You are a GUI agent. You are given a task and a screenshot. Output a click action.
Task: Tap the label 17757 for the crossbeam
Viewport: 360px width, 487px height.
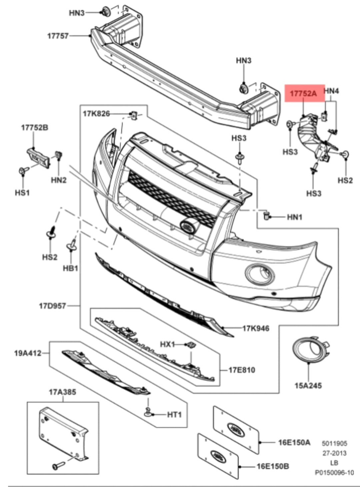click(58, 36)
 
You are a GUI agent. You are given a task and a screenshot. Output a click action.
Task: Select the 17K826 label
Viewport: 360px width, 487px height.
click(96, 114)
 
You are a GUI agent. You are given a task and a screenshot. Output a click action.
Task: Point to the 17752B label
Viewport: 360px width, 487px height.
click(35, 127)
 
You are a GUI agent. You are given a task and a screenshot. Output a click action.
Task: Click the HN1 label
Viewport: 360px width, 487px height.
click(295, 217)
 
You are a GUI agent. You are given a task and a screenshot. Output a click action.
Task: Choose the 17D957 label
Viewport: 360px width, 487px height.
click(53, 305)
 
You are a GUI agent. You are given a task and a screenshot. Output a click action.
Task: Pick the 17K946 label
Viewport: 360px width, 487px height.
click(256, 328)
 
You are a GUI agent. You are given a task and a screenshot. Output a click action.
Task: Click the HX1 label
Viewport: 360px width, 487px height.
click(167, 344)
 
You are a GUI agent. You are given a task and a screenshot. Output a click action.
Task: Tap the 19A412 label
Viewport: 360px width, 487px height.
click(28, 353)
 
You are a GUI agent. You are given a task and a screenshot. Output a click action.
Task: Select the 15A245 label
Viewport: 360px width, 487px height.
click(308, 386)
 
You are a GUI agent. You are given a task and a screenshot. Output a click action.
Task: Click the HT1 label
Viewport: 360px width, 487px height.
click(174, 415)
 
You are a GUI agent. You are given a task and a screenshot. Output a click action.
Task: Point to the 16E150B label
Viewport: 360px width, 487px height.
click(273, 466)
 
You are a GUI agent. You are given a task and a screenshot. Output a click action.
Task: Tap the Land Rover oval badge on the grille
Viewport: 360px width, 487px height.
click(189, 226)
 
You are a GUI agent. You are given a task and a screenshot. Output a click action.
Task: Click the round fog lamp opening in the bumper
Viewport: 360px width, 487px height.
click(260, 274)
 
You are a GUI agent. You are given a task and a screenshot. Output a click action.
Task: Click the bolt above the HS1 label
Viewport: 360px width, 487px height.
click(23, 171)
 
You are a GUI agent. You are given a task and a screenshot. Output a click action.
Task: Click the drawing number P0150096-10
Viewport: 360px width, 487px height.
click(334, 472)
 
